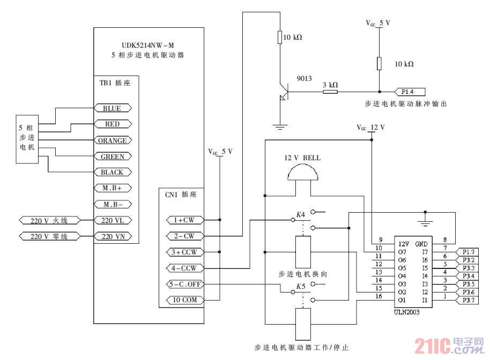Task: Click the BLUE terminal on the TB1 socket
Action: (x=112, y=108)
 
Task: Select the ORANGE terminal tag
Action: (x=112, y=140)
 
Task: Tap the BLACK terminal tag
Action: (x=112, y=172)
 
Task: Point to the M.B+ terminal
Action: (x=112, y=189)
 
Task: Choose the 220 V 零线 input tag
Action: (x=49, y=236)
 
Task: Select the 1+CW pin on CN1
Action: (x=182, y=220)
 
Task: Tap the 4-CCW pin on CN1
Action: (x=182, y=268)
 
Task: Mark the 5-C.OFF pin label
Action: (x=182, y=284)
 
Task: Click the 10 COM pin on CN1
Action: (x=182, y=300)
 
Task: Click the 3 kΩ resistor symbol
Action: (x=330, y=92)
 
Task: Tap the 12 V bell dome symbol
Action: (x=300, y=173)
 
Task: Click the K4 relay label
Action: (x=300, y=215)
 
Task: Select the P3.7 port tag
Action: (x=469, y=301)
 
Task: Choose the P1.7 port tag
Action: (x=469, y=251)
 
